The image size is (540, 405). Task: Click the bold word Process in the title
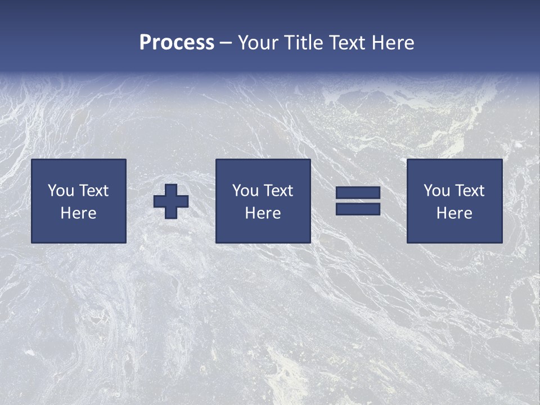pos(177,42)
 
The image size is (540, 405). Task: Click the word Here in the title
pos(393,43)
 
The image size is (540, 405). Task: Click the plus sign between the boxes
pos(171,201)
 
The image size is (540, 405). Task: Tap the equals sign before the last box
pos(358,201)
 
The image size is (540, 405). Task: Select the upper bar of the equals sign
pos(358,193)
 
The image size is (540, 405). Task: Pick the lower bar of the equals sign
pos(358,209)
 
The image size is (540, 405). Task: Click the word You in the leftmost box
pos(60,191)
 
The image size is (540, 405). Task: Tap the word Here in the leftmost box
pos(79,213)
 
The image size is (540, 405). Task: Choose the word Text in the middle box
pos(278,191)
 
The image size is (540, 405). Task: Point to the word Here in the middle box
pos(263,213)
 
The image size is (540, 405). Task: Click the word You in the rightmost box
pos(436,191)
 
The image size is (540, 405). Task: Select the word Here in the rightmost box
pos(454,213)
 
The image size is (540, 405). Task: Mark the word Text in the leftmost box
pos(93,191)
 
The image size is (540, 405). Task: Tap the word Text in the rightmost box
pos(469,191)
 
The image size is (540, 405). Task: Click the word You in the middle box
pos(245,191)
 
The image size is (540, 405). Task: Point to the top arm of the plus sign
pos(171,190)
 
